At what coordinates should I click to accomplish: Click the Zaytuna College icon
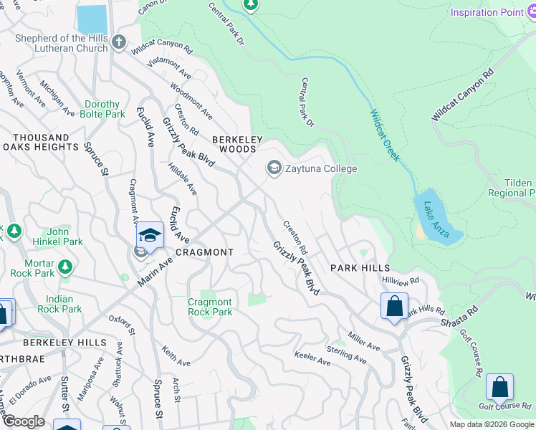(x=273, y=168)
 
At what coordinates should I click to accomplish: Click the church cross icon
(x=119, y=43)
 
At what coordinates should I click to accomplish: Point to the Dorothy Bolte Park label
(x=104, y=109)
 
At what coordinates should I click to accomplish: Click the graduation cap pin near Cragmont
(x=150, y=235)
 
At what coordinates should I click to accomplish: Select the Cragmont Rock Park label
(x=210, y=307)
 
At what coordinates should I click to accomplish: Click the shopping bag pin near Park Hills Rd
(x=394, y=307)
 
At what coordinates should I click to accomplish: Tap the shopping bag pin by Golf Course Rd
(x=499, y=387)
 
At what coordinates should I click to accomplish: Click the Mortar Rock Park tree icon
(x=65, y=267)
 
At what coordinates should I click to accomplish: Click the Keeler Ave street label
(x=312, y=358)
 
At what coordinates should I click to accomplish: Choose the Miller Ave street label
(x=363, y=341)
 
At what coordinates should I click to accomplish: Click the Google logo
(x=24, y=421)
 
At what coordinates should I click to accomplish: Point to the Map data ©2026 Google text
(x=492, y=424)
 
